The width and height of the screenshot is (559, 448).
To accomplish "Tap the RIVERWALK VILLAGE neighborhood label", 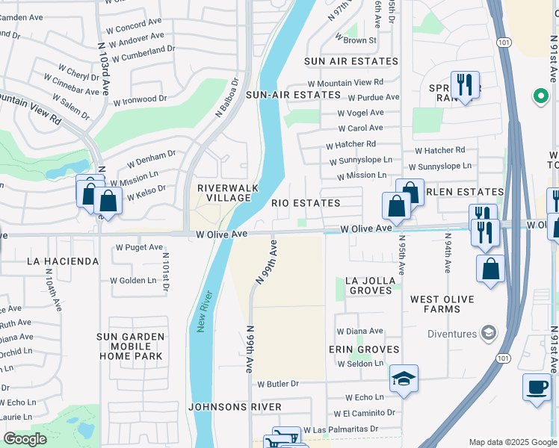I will coord(223,193).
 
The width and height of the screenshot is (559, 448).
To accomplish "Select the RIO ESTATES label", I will coord(305,203).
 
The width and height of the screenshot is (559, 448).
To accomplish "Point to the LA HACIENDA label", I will coord(62,261).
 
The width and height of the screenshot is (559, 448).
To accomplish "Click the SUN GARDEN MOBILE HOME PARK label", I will coord(130,346).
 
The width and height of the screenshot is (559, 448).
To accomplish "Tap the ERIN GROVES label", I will coord(364,349).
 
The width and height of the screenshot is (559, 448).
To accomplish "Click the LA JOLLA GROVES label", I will coord(368,286).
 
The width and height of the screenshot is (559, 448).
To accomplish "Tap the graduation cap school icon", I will coord(404,379).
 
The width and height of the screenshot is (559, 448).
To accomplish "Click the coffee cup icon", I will coord(536,387).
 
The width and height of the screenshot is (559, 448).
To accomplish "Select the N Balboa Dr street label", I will coord(226,98).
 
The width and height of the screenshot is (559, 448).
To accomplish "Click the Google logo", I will coord(25,439).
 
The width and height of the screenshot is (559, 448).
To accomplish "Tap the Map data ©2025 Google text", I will coord(513,442).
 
